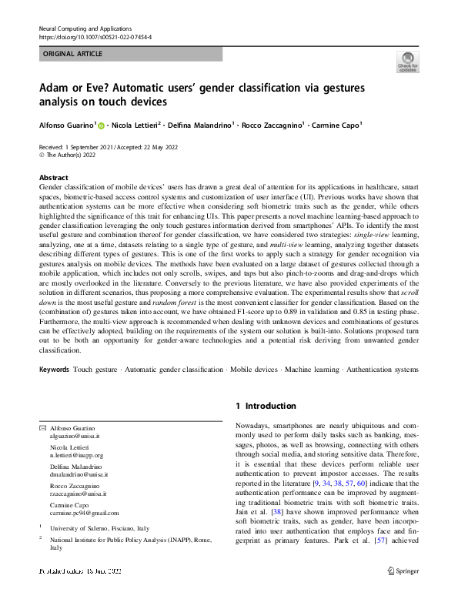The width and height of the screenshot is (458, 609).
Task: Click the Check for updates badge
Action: point(407,62)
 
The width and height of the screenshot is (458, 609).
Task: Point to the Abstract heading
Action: point(53,177)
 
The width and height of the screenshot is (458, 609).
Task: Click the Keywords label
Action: point(54,370)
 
